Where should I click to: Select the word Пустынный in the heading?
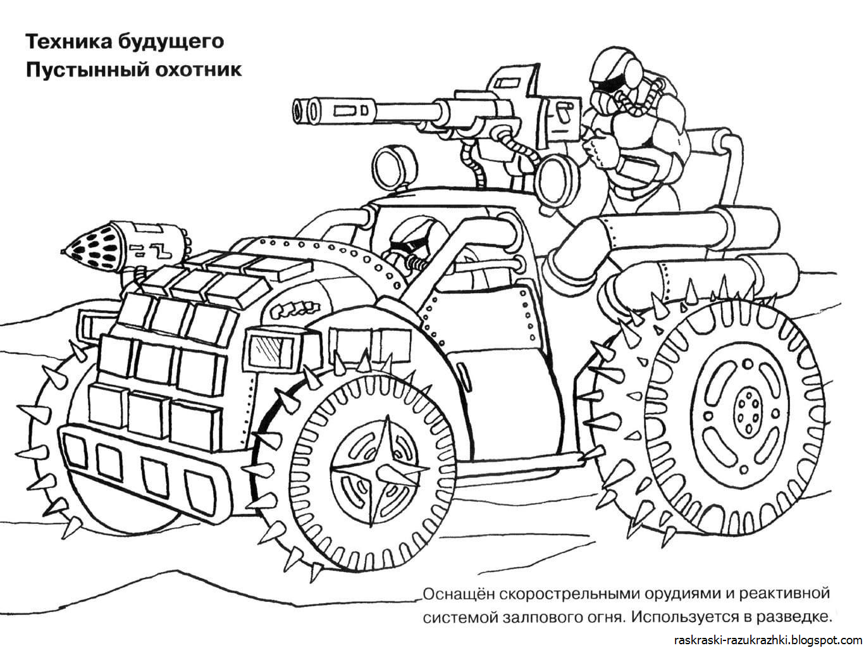[81, 69]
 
